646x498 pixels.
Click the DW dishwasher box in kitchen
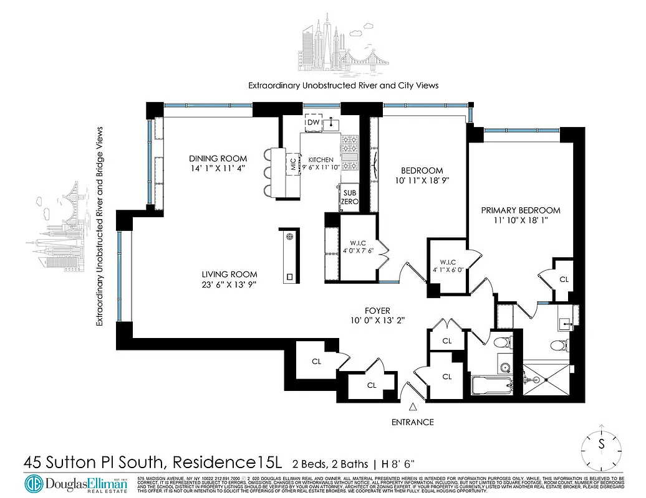click(313, 123)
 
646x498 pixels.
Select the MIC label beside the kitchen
click(293, 164)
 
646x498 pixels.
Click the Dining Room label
click(218, 159)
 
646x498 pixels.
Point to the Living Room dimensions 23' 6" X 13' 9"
click(229, 284)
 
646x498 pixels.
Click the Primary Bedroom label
click(520, 210)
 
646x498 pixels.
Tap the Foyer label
click(378, 311)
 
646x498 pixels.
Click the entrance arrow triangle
click(412, 407)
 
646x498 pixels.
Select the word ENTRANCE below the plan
click(412, 422)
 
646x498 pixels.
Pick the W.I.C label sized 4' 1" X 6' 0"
click(448, 265)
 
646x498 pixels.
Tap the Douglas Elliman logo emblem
click(34, 484)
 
